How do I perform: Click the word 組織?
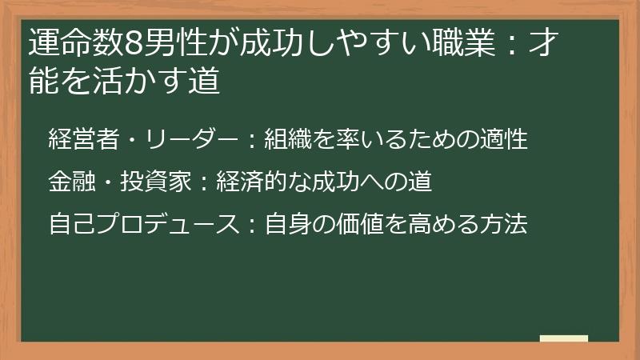[x=287, y=138]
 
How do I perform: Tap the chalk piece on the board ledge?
[x=564, y=339]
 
